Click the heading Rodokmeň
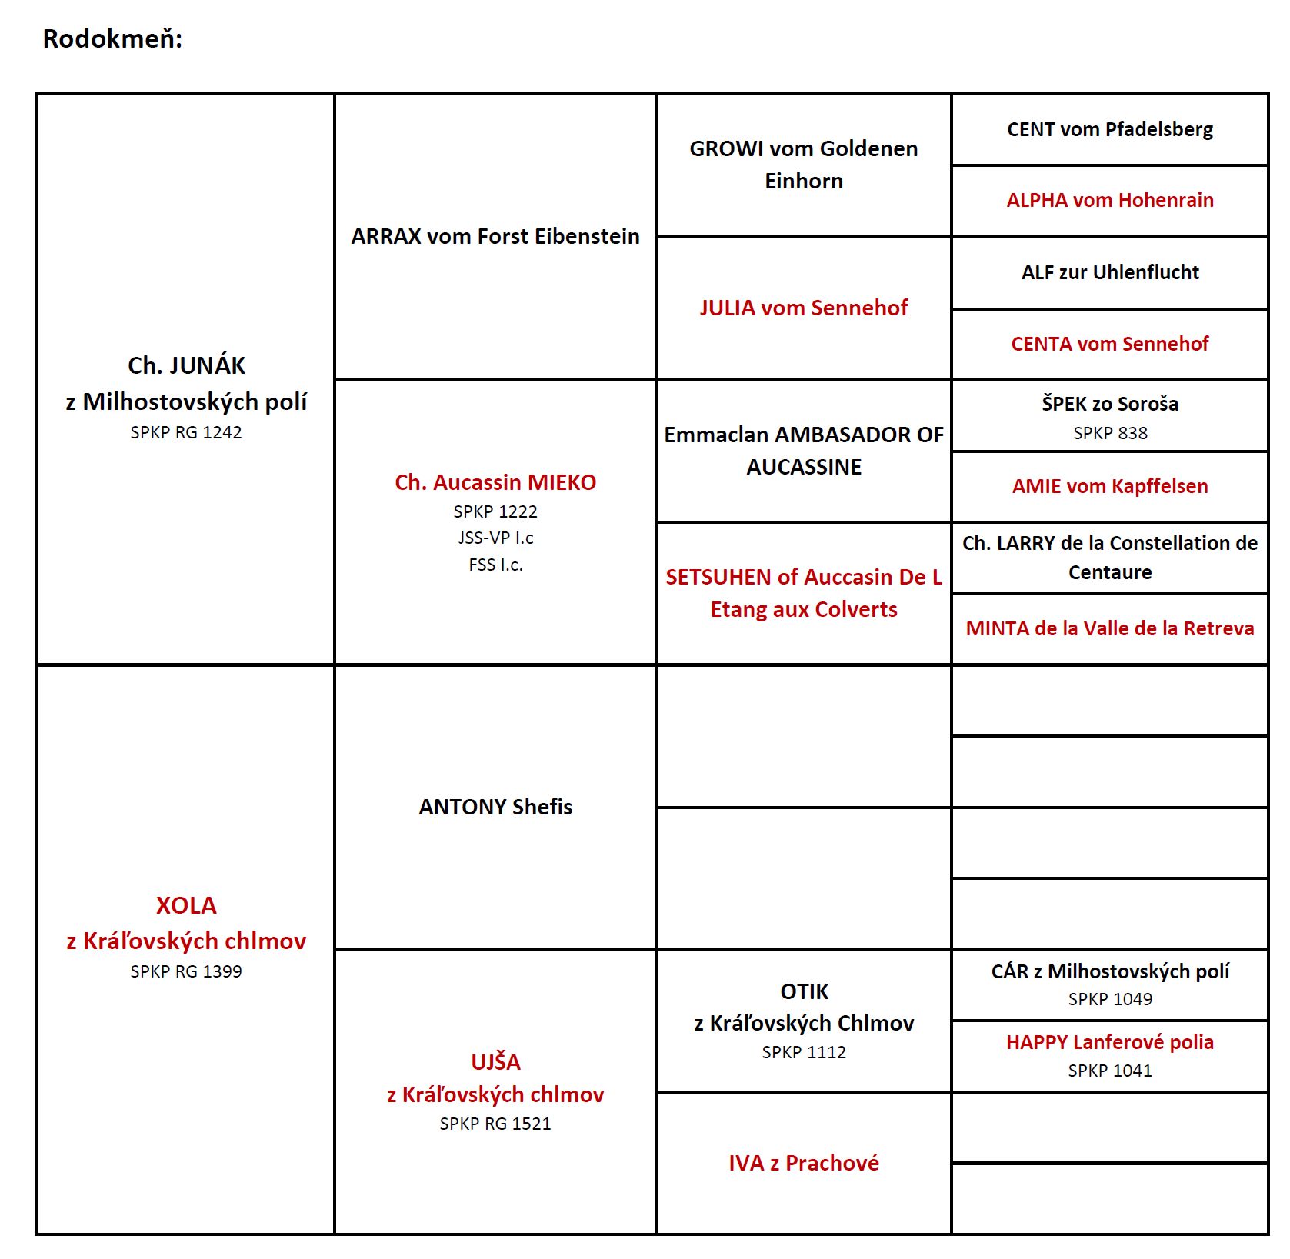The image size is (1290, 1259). click(112, 38)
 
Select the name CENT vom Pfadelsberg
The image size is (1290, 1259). click(1110, 129)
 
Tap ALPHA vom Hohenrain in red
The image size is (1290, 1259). click(1110, 200)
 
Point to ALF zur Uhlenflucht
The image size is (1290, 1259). click(1110, 272)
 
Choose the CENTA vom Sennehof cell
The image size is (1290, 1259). click(1110, 344)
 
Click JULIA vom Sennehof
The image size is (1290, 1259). click(804, 308)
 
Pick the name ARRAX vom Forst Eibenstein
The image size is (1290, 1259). click(495, 236)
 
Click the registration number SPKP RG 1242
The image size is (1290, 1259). click(186, 432)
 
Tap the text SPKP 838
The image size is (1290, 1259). click(1110, 433)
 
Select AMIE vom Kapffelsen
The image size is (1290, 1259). click(1110, 486)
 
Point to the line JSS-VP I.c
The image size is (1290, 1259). click(495, 538)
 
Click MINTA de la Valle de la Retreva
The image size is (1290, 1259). click(1110, 628)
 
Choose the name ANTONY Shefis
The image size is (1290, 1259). click(495, 807)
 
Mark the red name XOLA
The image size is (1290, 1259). click(186, 905)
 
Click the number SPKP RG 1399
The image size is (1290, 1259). click(186, 971)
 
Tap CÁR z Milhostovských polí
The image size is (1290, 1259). click(1110, 971)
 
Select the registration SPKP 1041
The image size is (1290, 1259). click(1110, 1071)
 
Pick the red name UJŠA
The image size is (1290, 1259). click(495, 1061)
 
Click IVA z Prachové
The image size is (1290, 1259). click(804, 1163)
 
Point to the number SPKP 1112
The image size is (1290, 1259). click(804, 1052)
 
